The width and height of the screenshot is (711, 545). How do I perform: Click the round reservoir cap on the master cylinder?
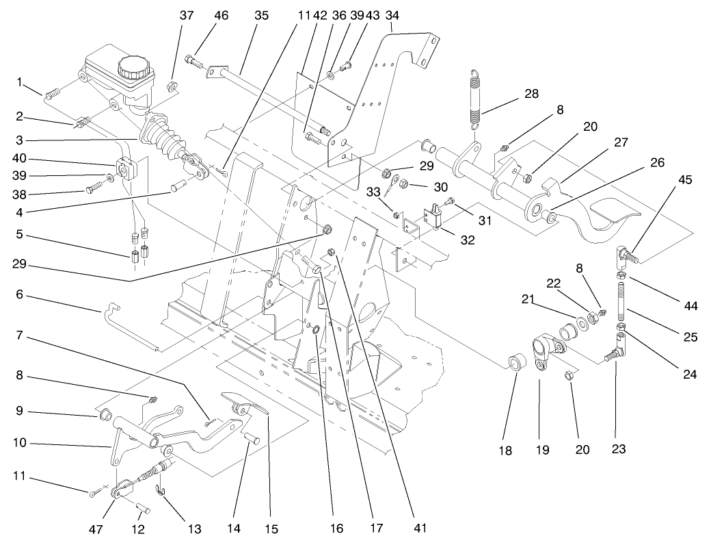tap(131, 67)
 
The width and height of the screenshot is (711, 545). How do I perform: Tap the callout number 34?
tap(392, 14)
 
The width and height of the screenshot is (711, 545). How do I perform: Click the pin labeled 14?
tap(250, 436)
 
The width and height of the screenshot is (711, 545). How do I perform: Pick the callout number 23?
tap(618, 450)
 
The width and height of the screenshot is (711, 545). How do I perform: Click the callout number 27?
tap(620, 142)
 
